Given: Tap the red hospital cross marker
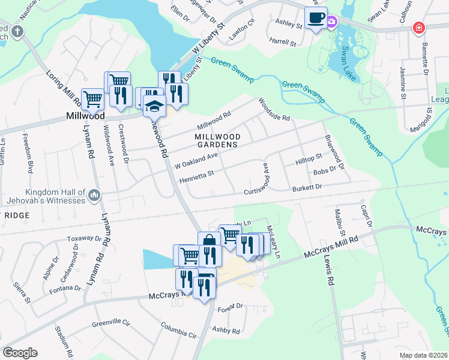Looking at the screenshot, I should (419, 28).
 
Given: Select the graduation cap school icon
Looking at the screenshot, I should (155, 106).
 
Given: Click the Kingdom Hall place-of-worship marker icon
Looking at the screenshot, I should (94, 195).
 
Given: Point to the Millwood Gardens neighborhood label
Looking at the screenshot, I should (218, 140).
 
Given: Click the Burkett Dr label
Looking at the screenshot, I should (307, 188).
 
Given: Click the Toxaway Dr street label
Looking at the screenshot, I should (81, 238).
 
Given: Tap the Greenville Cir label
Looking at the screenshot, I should (111, 323).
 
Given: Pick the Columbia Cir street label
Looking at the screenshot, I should (178, 329).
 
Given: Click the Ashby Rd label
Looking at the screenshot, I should (226, 331).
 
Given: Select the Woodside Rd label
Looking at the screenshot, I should (274, 109).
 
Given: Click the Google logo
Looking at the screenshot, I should (20, 353).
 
